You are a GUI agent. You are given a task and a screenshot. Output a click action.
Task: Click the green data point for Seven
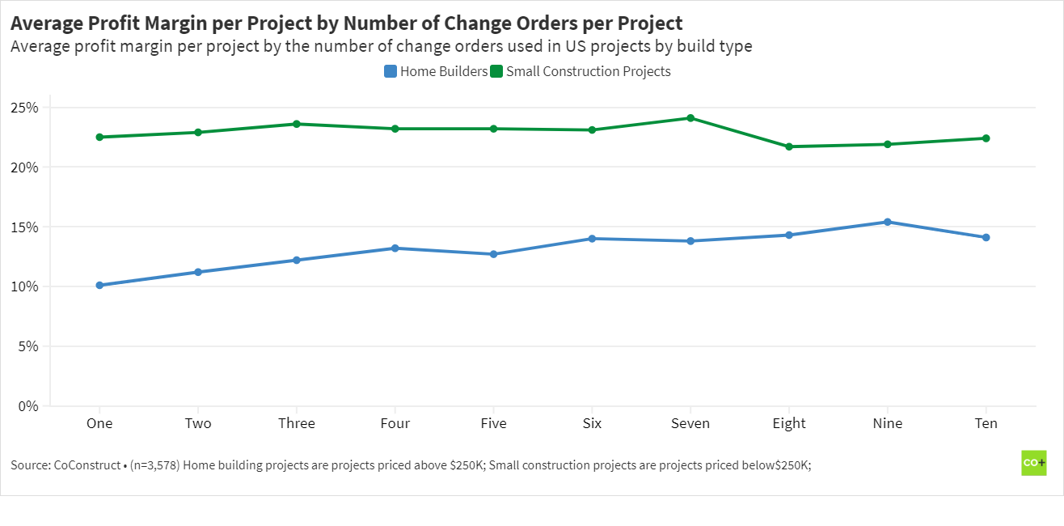[x=690, y=118]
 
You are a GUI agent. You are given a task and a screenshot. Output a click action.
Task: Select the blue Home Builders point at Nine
[x=888, y=222]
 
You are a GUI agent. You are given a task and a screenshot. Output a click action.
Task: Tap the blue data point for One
[x=99, y=285]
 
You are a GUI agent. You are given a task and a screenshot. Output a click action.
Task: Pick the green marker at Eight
[x=789, y=146]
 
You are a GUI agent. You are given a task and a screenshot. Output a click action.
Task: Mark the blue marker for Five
[x=493, y=254]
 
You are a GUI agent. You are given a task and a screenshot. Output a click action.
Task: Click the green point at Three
[x=297, y=124]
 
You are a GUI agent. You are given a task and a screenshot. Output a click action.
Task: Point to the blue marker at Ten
[x=986, y=237]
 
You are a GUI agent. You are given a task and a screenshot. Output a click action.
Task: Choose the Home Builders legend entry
[x=436, y=71]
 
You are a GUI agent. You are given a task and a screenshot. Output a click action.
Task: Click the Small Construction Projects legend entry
[x=581, y=71]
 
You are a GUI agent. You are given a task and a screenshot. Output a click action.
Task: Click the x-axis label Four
[x=395, y=423]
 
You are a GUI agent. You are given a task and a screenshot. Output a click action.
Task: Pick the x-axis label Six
[x=592, y=423]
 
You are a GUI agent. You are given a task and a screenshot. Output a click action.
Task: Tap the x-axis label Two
[x=198, y=423]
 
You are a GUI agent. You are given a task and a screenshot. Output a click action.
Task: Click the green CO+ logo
[x=1033, y=463]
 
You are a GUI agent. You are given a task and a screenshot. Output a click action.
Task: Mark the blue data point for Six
[x=592, y=239]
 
